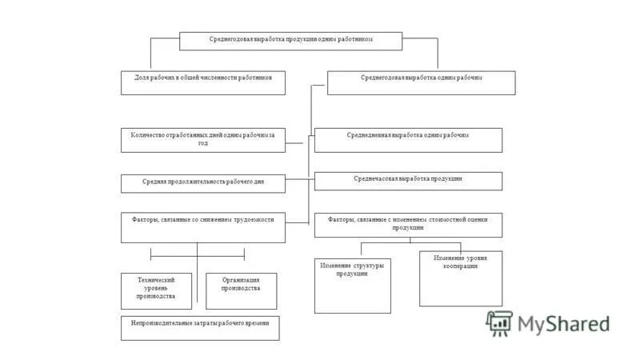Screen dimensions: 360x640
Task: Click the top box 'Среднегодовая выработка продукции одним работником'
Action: pyautogui.click(x=290, y=40)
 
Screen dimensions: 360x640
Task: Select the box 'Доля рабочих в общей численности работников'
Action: pyautogui.click(x=203, y=82)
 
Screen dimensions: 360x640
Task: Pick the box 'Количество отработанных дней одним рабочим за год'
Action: pyautogui.click(x=203, y=141)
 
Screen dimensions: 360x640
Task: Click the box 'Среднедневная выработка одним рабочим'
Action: pyautogui.click(x=408, y=140)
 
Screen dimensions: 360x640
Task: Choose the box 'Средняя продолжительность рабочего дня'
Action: pyautogui.click(x=203, y=183)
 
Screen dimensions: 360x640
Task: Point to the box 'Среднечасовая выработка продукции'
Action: pyautogui.click(x=408, y=181)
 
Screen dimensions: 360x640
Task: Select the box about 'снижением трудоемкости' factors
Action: pyautogui.click(x=203, y=227)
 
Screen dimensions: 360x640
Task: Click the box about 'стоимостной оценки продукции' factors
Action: pyautogui.click(x=408, y=224)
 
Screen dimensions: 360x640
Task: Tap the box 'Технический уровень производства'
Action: pyautogui.click(x=156, y=291)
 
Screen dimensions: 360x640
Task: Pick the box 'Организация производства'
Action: pyautogui.click(x=241, y=291)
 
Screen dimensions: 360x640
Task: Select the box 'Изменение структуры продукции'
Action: pyautogui.click(x=353, y=285)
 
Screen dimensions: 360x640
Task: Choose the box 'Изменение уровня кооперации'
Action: pyautogui.click(x=461, y=278)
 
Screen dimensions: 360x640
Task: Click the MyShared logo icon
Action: pyautogui.click(x=500, y=322)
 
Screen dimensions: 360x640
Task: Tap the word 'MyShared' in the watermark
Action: pyautogui.click(x=563, y=323)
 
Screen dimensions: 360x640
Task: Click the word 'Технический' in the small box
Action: pyautogui.click(x=156, y=279)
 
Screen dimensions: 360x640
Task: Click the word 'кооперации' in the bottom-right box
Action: pyautogui.click(x=461, y=266)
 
